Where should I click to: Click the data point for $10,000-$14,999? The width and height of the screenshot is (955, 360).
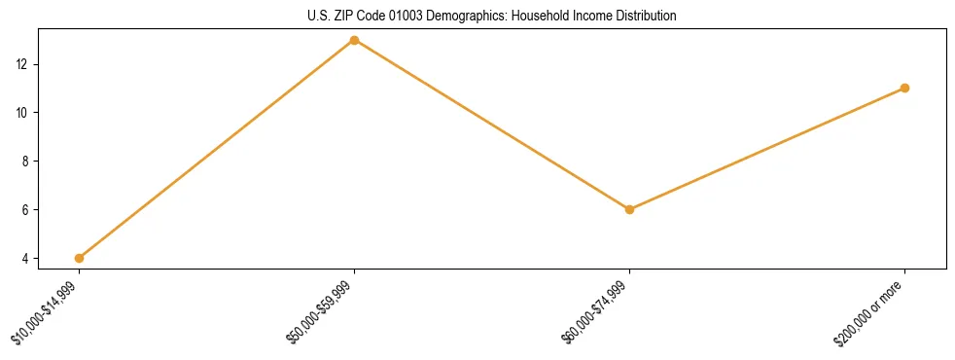(x=79, y=258)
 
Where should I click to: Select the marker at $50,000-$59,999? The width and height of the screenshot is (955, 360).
(x=354, y=40)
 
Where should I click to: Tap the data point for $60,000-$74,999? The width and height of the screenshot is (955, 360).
(x=629, y=209)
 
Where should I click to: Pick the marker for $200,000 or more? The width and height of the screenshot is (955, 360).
(x=904, y=88)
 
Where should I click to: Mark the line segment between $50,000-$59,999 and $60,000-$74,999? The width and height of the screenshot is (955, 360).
(x=491, y=125)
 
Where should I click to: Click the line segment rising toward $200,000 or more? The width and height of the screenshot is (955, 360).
(x=766, y=149)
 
